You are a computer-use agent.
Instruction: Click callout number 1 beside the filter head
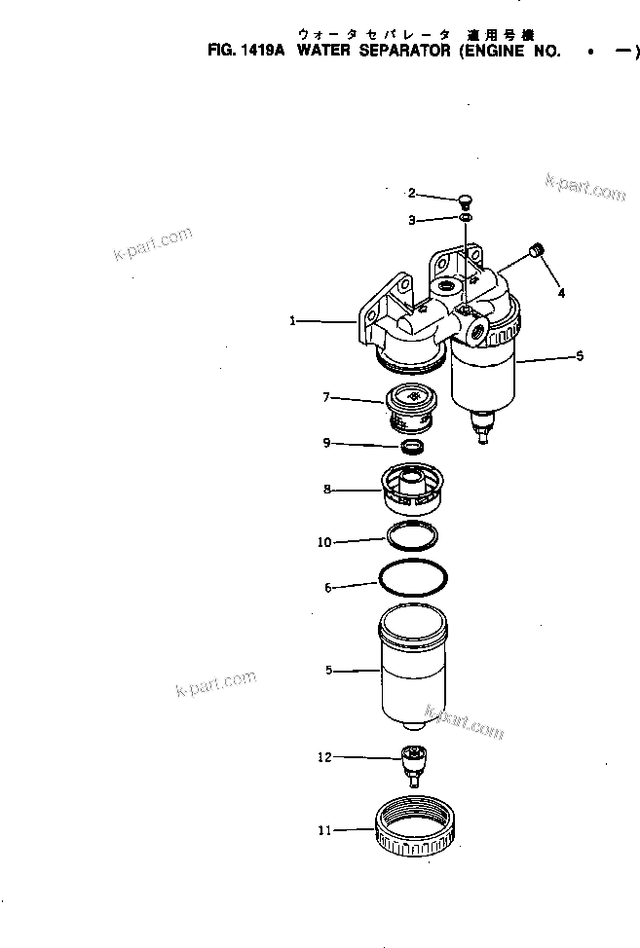[x=291, y=319]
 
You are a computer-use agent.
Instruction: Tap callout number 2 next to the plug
[x=412, y=192]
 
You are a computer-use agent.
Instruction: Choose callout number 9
[x=327, y=443]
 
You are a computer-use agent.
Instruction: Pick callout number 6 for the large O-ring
[x=328, y=587]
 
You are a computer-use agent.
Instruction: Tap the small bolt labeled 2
[x=465, y=201]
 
